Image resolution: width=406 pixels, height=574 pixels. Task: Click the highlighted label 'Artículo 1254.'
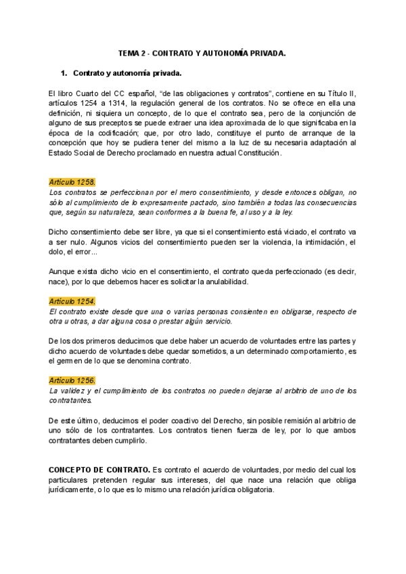tap(72, 301)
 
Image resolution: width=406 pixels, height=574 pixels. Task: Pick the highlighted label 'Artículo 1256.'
tap(72, 380)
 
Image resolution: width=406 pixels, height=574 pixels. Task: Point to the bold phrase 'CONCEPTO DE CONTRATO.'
tap(100, 469)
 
